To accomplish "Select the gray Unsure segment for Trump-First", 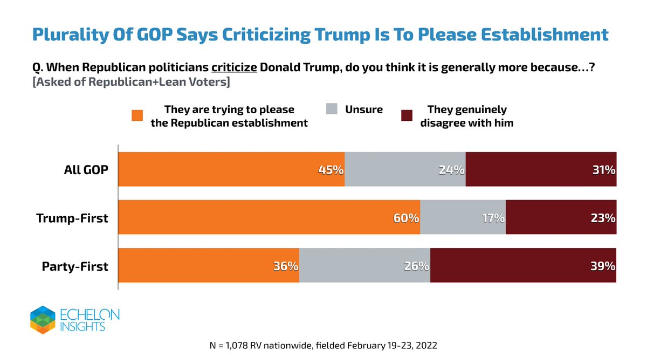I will [x=463, y=217].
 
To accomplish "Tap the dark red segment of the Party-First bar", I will [x=523, y=265].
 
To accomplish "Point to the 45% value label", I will [x=331, y=170].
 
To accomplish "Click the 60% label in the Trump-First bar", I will [x=406, y=218].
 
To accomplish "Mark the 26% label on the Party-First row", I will [x=416, y=266].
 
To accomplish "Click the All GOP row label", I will [x=86, y=170].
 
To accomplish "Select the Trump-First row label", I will [x=72, y=218].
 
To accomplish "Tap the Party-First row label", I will [x=75, y=266].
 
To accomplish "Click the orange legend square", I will [x=137, y=116].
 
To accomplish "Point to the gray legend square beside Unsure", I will [x=332, y=109].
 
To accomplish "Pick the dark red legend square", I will [x=407, y=116].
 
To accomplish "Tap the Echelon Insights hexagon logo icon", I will [x=43, y=319].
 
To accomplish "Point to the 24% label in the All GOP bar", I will [x=451, y=170].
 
